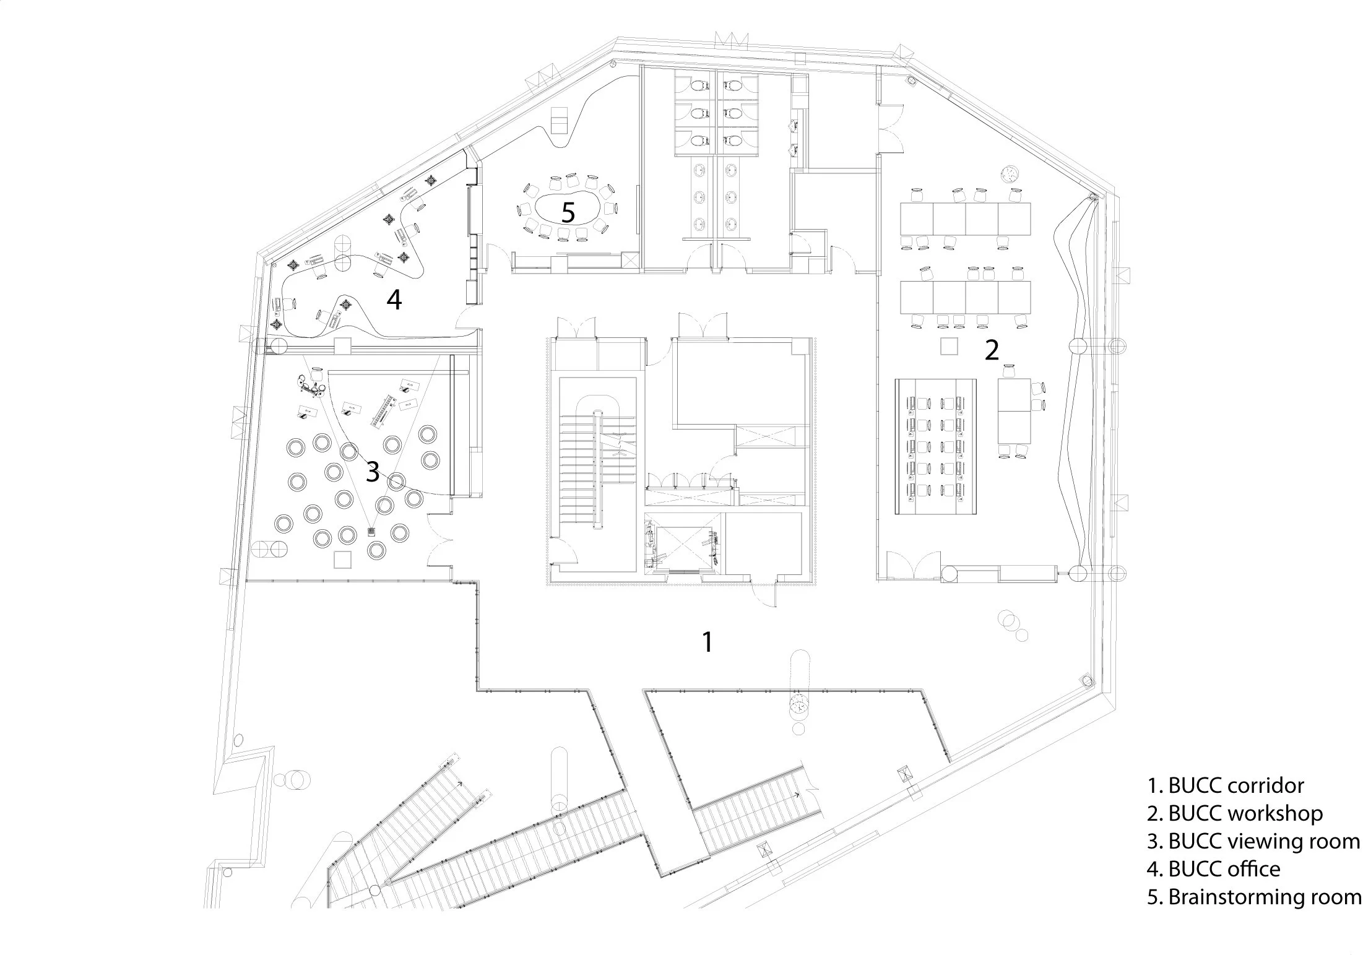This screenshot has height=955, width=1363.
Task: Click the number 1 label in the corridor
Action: tap(707, 642)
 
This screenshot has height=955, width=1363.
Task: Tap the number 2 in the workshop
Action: tap(991, 350)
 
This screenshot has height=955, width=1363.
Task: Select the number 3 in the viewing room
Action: tap(372, 472)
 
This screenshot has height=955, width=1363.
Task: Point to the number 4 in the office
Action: tap(394, 300)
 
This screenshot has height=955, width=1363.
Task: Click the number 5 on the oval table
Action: tap(568, 213)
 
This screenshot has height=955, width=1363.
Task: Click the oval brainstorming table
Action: tap(568, 213)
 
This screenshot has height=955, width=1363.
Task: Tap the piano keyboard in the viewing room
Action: tap(383, 410)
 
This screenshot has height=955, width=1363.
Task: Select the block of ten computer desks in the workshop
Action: tap(937, 447)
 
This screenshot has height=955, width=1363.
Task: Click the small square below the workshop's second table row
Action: tap(949, 346)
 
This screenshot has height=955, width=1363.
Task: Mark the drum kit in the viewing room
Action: tap(311, 386)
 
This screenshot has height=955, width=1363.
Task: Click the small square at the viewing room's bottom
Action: tap(342, 560)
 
